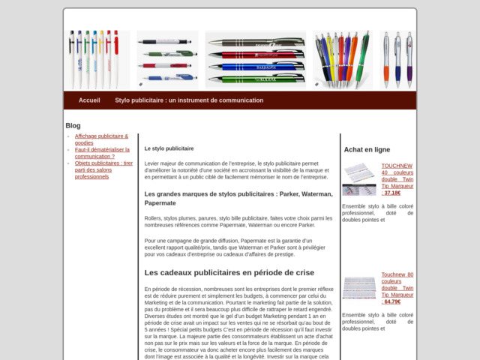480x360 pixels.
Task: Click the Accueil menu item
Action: [x=89, y=100]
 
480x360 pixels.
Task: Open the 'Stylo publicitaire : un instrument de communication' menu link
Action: [x=189, y=100]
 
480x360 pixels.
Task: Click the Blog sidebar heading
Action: [x=73, y=125]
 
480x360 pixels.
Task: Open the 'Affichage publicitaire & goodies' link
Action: [x=101, y=139]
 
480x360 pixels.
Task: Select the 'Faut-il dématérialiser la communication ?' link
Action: [x=102, y=153]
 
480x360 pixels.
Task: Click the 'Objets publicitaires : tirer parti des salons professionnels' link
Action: [x=103, y=169]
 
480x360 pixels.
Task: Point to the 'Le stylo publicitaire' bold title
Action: [x=169, y=148]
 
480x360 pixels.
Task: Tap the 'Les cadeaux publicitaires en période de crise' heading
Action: [x=229, y=272]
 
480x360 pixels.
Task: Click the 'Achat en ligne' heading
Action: [x=367, y=149]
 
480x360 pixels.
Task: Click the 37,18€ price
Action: [x=392, y=193]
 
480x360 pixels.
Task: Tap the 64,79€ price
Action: [x=392, y=301]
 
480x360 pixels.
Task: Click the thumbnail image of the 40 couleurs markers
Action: [x=358, y=179]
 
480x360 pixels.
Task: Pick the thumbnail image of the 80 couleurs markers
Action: [x=358, y=287]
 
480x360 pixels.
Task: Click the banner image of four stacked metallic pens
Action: [x=256, y=60]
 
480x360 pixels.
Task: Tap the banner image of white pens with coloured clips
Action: [x=95, y=59]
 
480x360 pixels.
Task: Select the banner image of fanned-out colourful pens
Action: [x=342, y=59]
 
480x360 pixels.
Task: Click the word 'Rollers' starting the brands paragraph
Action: [x=154, y=218]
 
